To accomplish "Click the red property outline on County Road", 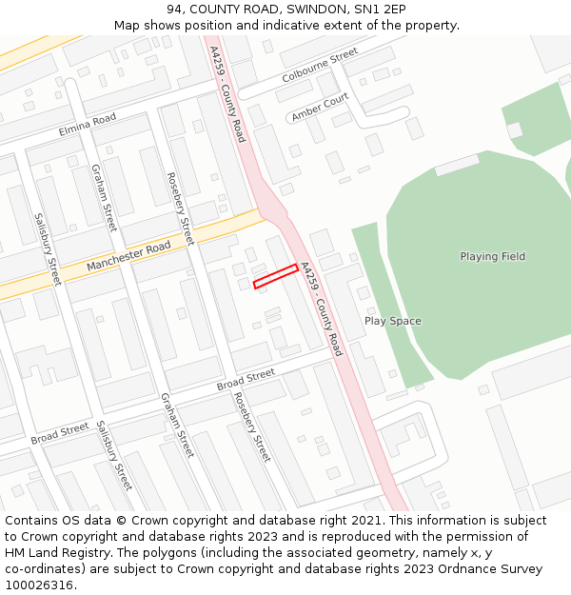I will [x=276, y=276].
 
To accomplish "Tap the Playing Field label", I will [x=492, y=256].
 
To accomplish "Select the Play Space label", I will [x=392, y=321].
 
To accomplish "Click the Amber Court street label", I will [x=321, y=108].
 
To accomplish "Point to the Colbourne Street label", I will [x=320, y=65].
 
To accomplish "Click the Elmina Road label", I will [x=87, y=124].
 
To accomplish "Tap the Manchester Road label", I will [x=128, y=256].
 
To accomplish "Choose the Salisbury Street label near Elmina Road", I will [x=47, y=249].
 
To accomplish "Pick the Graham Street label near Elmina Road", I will [x=103, y=197].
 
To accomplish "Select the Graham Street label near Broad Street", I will [x=177, y=425].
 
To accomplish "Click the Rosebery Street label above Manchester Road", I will [x=180, y=208].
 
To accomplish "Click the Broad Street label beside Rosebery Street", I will [x=246, y=379].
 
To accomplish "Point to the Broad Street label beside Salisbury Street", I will [x=60, y=433].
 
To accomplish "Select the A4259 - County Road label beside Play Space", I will [x=321, y=308].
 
